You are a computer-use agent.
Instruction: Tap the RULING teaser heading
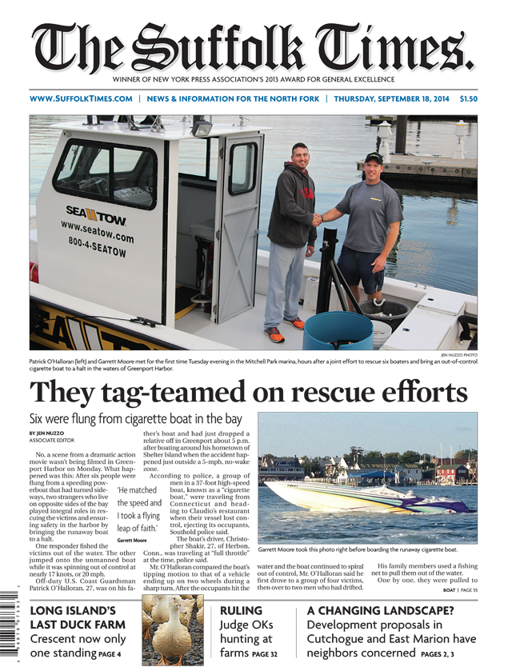241,610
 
